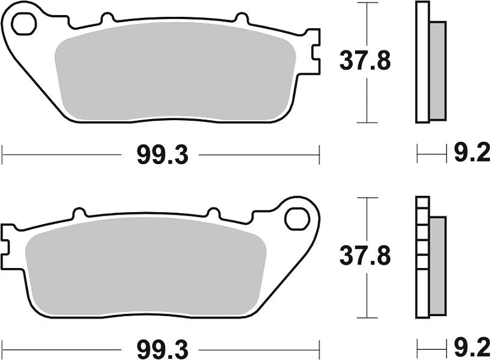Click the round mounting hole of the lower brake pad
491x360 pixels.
pyautogui.click(x=296, y=218)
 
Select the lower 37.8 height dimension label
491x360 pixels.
pyautogui.click(x=365, y=257)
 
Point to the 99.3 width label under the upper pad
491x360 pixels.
pyautogui.click(x=162, y=156)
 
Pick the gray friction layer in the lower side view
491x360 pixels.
pyautogui.click(x=439, y=264)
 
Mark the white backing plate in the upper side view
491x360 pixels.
pyautogui.click(x=423, y=63)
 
